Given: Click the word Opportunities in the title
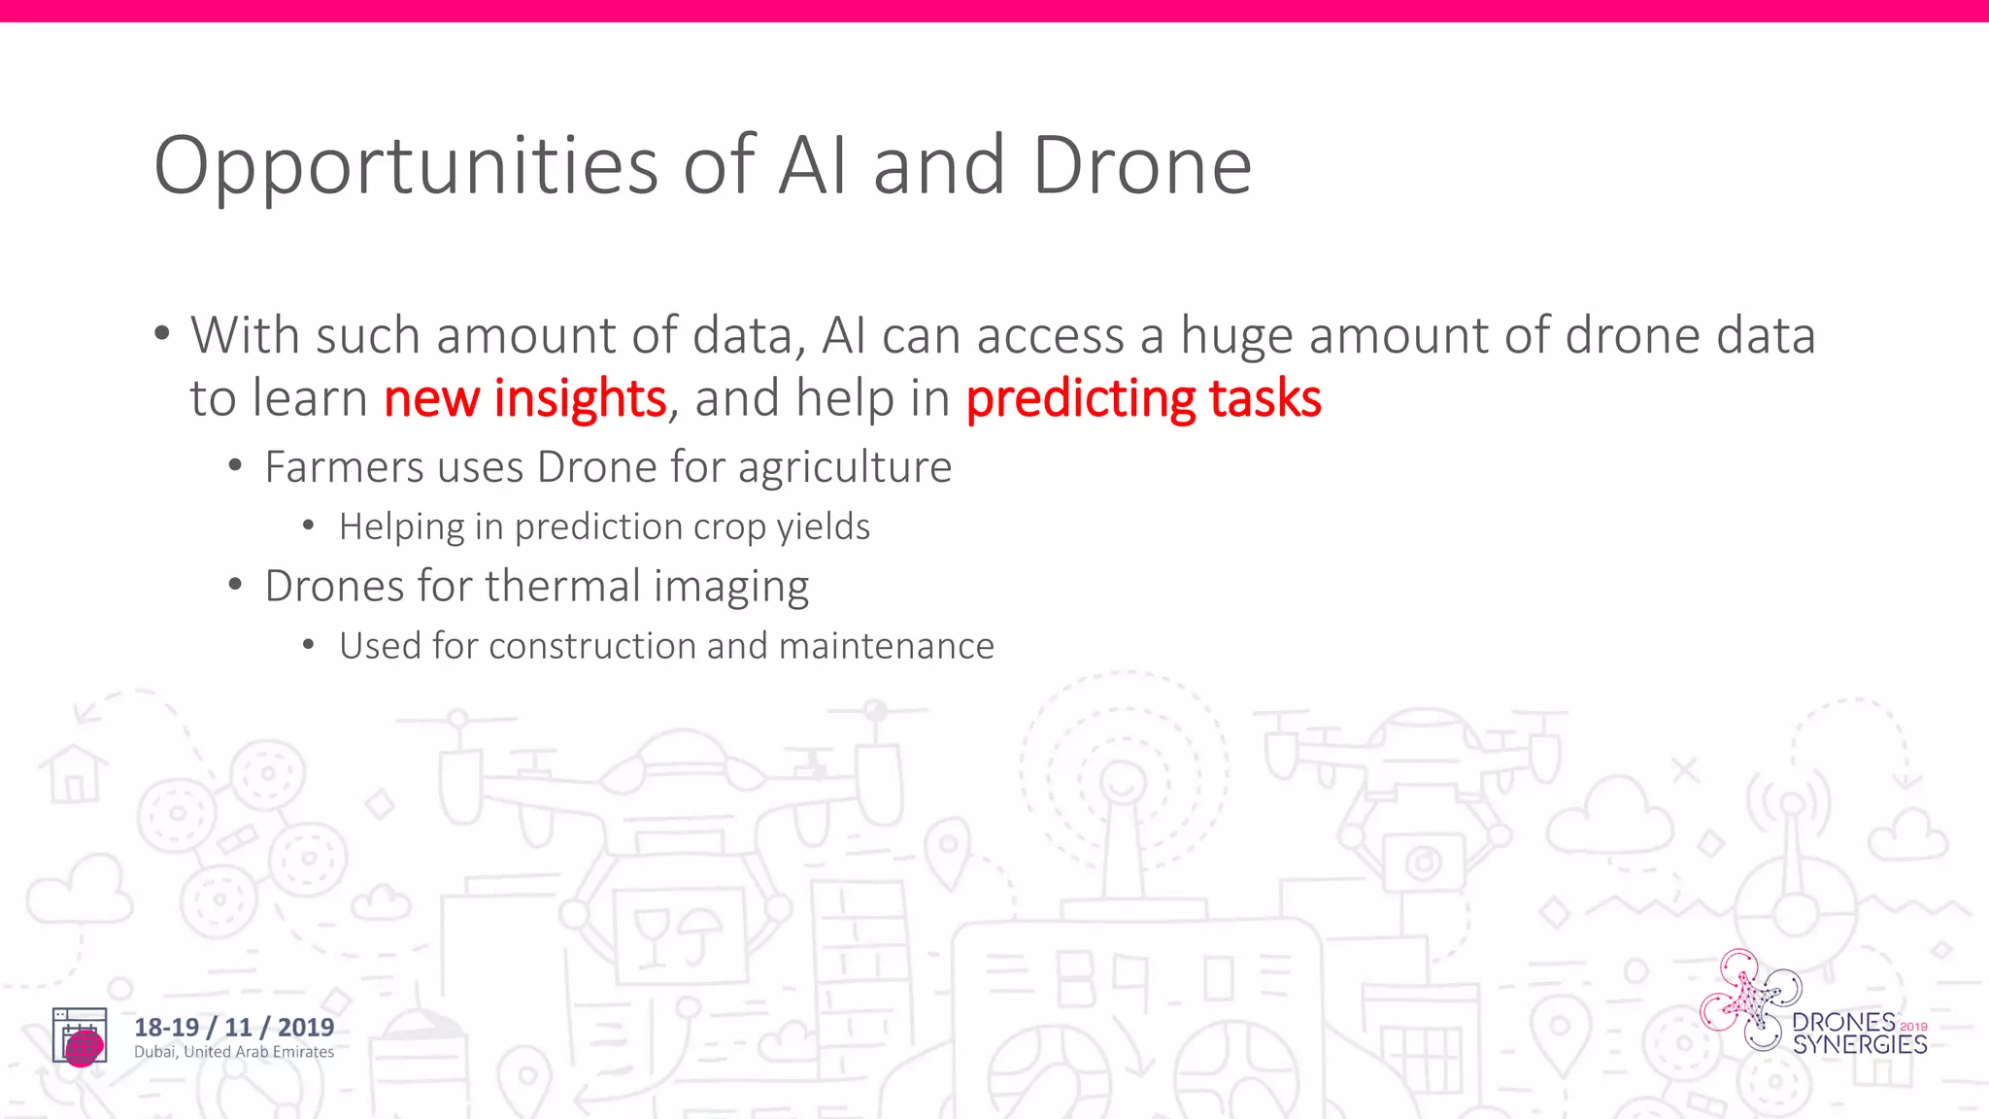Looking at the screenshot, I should click(406, 167).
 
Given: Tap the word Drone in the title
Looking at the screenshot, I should click(1142, 167).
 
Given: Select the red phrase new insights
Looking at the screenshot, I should click(524, 398).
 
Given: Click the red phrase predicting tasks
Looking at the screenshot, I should click(1143, 398).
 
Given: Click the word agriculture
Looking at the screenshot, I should click(845, 467).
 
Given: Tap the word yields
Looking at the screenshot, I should click(823, 526).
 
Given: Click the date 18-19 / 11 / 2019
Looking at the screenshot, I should click(234, 1027).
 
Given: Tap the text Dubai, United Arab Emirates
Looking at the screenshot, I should click(234, 1052).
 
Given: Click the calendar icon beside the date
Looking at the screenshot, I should click(80, 1036).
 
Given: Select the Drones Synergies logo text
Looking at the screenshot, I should click(1859, 1034).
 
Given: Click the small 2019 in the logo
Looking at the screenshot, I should click(1913, 1026).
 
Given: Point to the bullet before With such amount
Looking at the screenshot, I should click(162, 333).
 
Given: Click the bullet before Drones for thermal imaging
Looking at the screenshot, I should click(235, 585).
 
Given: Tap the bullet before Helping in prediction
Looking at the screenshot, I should click(309, 526).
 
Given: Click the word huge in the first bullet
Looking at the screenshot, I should click(1236, 336).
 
